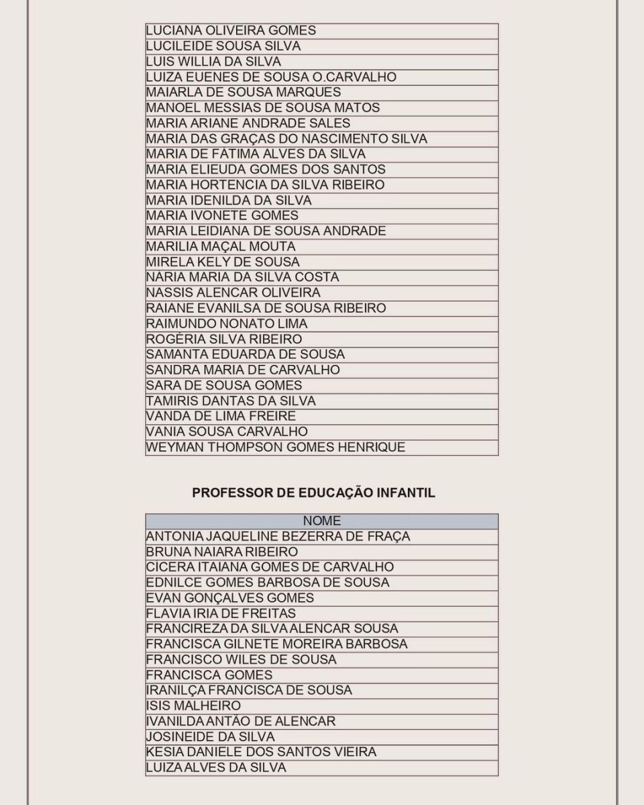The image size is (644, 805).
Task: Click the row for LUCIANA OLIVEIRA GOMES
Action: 231,31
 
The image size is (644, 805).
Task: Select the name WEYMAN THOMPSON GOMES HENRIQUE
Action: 275,447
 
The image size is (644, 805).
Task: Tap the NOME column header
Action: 321,521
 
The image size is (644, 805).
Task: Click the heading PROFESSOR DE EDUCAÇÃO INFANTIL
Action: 313,493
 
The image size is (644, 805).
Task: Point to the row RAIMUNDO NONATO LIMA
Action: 227,324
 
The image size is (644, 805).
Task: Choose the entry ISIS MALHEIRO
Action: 193,706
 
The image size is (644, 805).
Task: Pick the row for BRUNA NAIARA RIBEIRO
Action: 221,552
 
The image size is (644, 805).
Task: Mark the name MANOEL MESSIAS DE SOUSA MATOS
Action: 263,108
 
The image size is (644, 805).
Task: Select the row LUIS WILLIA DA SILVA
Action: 213,62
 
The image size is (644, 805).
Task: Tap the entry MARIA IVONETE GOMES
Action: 222,216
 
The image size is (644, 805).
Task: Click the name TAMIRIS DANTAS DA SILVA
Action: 231,401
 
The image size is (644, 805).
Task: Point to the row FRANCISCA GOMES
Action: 209,676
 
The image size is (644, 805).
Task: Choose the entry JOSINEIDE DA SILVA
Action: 210,737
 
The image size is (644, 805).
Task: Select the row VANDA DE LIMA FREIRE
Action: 221,417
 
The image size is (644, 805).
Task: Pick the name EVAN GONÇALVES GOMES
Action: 230,598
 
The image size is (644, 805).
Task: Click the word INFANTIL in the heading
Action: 408,493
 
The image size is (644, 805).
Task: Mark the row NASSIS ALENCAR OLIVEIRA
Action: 233,293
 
